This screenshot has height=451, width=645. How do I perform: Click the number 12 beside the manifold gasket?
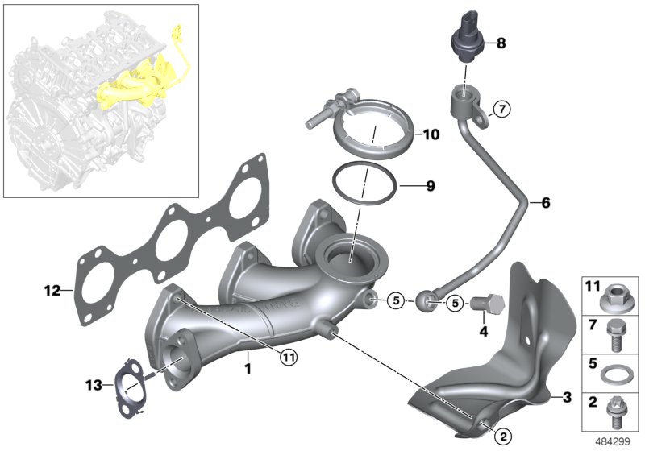pyautogui.click(x=52, y=289)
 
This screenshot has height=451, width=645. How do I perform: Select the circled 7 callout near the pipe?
pyautogui.click(x=500, y=110)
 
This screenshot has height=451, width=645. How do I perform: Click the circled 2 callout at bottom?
pyautogui.click(x=501, y=436)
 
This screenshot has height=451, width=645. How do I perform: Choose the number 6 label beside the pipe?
pyautogui.click(x=545, y=203)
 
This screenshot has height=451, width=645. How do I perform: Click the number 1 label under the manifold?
pyautogui.click(x=248, y=369)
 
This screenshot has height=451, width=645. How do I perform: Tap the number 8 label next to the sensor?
pyautogui.click(x=501, y=43)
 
